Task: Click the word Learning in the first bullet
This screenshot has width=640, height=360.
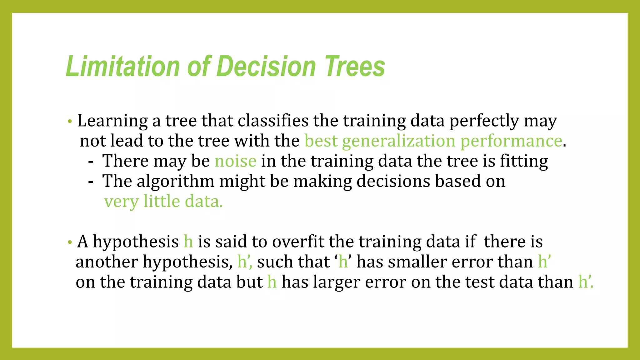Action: (112, 121)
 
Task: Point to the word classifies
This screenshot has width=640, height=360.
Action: (273, 121)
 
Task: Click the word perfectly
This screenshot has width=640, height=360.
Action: (484, 121)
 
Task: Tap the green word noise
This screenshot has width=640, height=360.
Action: (235, 161)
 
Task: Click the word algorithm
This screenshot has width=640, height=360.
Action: (175, 182)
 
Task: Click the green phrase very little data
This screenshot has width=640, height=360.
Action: (163, 202)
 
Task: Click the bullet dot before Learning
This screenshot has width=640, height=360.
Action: (70, 121)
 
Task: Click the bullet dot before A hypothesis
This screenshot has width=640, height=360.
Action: (70, 242)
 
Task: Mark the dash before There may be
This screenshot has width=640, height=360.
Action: (91, 162)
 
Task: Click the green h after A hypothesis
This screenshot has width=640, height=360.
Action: (188, 242)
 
